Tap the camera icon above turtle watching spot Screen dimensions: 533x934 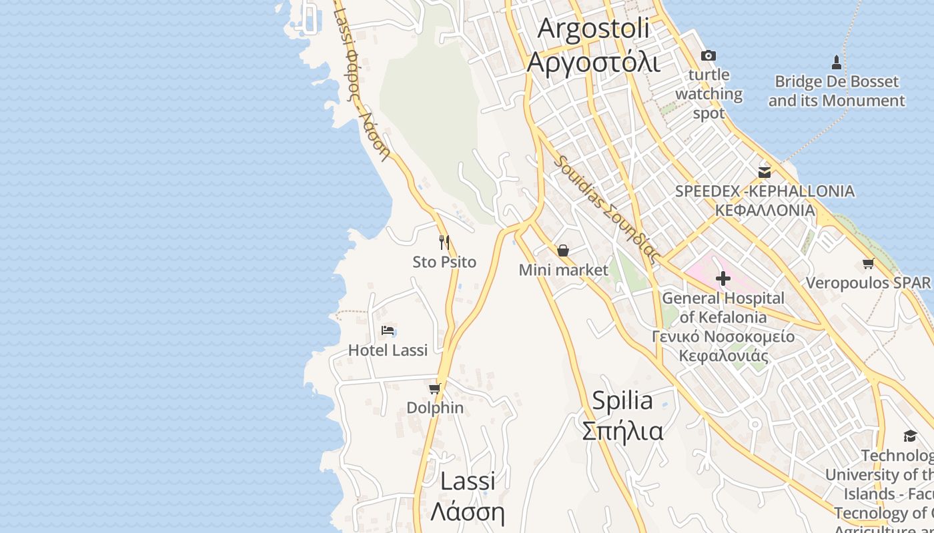tap(708, 56)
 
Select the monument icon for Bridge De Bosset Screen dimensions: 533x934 tap(837, 63)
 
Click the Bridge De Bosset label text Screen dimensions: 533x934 tap(837, 91)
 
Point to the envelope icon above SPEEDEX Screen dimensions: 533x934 tap(765, 173)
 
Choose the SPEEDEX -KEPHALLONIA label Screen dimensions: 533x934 tap(765, 201)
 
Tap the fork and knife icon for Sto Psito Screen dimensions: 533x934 tap(444, 243)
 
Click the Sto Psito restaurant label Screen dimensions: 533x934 tap(444, 263)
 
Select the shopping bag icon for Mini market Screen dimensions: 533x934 tap(563, 251)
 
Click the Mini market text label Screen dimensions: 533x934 tap(564, 270)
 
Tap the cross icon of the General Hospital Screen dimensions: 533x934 tap(723, 278)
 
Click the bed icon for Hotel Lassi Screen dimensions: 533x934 tap(388, 330)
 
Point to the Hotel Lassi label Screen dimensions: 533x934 tap(388, 350)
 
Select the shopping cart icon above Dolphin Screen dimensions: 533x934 tap(435, 388)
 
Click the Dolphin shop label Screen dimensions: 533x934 tap(435, 408)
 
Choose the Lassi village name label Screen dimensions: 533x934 tap(467, 496)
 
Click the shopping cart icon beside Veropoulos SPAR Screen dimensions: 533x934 tap(869, 264)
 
